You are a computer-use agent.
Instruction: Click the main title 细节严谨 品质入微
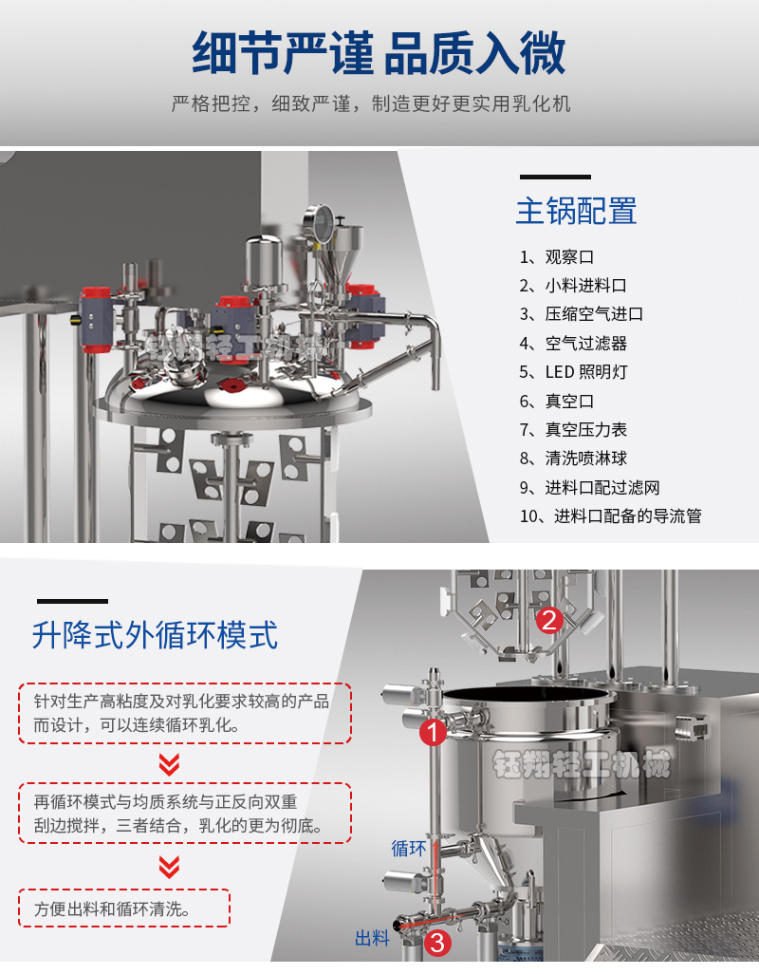click(379, 53)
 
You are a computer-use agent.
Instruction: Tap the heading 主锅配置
click(577, 211)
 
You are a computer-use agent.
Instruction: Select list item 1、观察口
click(557, 256)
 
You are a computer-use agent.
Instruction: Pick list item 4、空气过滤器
click(573, 343)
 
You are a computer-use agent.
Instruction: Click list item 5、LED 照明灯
click(573, 372)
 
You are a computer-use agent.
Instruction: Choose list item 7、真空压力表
click(573, 429)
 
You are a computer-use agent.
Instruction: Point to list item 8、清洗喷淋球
click(573, 459)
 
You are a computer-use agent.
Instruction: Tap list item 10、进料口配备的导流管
click(611, 515)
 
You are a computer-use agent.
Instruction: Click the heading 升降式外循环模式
click(156, 635)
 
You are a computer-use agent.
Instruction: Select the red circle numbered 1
click(434, 732)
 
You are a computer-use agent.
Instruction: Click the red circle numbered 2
click(549, 620)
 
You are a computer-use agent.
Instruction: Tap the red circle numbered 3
click(437, 944)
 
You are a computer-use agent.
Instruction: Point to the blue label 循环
click(409, 849)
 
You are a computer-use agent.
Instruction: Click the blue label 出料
click(372, 938)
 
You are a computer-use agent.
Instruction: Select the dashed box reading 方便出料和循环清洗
click(124, 908)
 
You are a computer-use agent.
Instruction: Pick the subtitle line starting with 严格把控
click(371, 103)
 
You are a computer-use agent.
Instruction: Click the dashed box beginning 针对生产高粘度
click(185, 713)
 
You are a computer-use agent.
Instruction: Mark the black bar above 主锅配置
click(555, 177)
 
